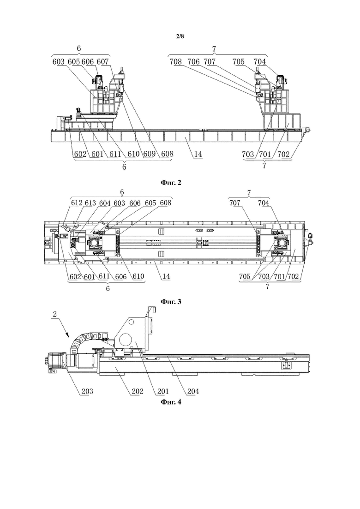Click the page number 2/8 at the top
[180, 36]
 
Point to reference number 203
[87, 391]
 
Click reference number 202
[137, 391]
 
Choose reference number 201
[162, 391]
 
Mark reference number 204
[193, 391]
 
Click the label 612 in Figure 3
[77, 203]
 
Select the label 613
[90, 203]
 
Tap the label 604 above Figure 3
[105, 203]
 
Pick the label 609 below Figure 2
[150, 154]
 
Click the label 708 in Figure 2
[176, 62]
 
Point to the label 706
[193, 62]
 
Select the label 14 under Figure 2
[198, 154]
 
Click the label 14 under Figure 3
[166, 276]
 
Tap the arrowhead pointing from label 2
[67, 335]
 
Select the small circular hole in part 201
[131, 323]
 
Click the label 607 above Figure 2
[102, 62]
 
